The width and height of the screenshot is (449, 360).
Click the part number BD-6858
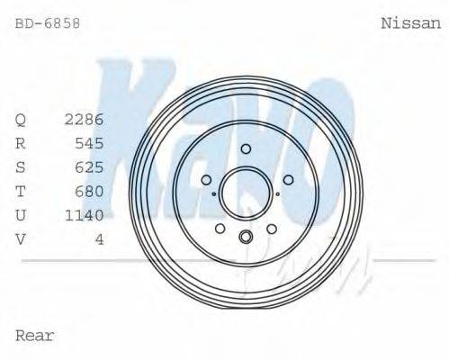[48, 24]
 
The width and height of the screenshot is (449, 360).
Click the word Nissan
[411, 24]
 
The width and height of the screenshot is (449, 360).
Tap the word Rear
[35, 336]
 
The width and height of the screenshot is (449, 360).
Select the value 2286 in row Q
[84, 119]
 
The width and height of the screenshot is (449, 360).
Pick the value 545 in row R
[89, 143]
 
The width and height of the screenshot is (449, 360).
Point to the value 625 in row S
[89, 166]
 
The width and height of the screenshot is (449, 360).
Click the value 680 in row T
[89, 191]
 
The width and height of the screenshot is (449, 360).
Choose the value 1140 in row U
[84, 214]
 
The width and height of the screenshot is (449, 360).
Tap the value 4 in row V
[99, 238]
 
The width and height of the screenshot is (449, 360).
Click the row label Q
[21, 119]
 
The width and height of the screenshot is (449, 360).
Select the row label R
[21, 143]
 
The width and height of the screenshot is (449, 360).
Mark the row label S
[21, 166]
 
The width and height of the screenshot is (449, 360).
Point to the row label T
[21, 191]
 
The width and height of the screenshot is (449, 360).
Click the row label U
[21, 214]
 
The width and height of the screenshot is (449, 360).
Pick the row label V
[21, 238]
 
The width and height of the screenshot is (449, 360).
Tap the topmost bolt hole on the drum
[245, 148]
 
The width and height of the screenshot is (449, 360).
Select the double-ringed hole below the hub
[245, 238]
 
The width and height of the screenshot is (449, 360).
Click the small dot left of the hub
[212, 193]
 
